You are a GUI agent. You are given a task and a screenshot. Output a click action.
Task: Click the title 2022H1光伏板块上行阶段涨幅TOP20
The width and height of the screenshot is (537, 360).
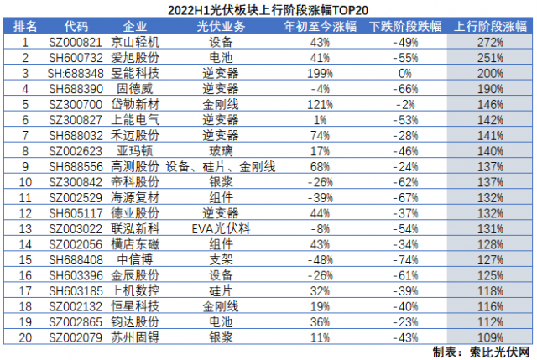point(268,10)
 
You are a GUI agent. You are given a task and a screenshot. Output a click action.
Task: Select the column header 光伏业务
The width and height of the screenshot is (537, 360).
point(221,27)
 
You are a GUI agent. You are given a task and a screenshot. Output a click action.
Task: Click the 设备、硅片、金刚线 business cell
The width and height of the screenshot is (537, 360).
point(221,166)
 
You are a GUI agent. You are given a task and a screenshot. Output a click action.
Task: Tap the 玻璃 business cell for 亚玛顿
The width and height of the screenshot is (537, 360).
point(221,151)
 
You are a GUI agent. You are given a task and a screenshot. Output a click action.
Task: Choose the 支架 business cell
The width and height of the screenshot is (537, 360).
point(221,259)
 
